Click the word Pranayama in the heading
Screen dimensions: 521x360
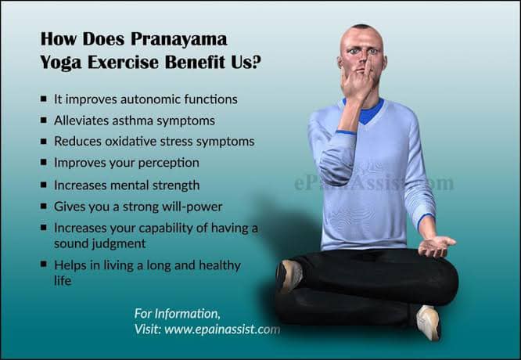[x=179, y=39]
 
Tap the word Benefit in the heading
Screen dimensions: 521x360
[x=196, y=62]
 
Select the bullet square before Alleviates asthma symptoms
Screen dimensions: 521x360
[x=44, y=120]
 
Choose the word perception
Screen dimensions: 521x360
[x=168, y=164]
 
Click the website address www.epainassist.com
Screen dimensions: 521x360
[x=222, y=329]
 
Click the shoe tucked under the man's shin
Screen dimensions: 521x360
[x=429, y=322]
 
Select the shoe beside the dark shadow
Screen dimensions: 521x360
[x=289, y=275]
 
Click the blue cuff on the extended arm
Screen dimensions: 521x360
[x=426, y=221]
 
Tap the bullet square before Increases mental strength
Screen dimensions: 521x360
[x=44, y=185]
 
